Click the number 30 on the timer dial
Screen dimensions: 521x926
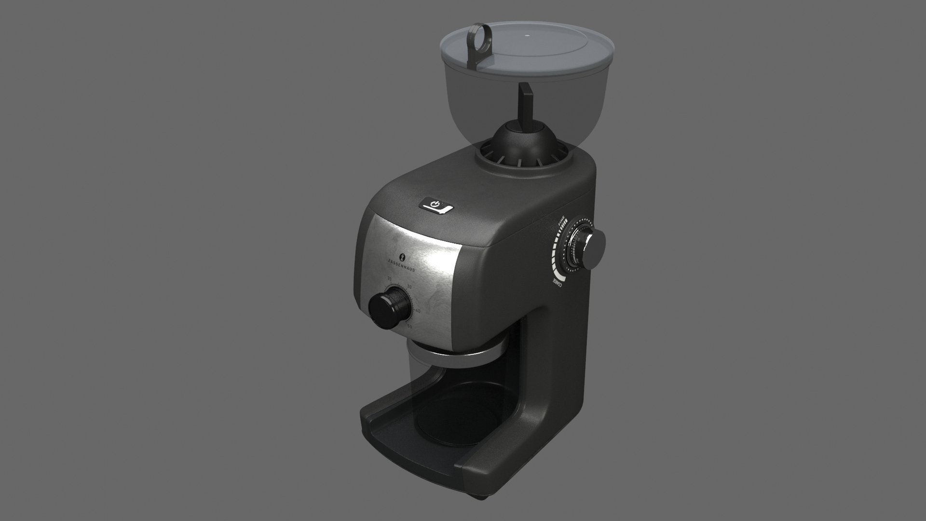click(409, 288)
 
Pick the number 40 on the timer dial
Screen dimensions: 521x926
click(417, 311)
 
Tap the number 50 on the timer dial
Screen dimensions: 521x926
click(409, 327)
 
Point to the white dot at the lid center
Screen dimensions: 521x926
click(526, 35)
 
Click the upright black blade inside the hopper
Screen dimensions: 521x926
click(524, 106)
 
